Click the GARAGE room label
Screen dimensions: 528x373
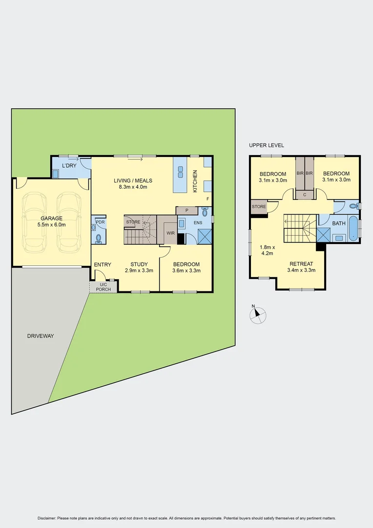51,219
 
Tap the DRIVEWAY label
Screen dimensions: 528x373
41,336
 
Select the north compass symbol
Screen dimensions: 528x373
258,315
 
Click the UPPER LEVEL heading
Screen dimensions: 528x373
266,145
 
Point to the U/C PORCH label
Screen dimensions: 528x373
103,287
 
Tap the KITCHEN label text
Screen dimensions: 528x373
195,181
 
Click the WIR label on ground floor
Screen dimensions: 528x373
170,233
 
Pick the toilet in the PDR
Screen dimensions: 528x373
98,238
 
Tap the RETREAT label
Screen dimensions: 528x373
301,264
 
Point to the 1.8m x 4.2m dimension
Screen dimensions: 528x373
267,250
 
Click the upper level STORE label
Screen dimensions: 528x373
259,207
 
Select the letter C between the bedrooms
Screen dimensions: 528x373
305,195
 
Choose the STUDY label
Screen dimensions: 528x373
139,264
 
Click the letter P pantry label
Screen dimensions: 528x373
186,210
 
